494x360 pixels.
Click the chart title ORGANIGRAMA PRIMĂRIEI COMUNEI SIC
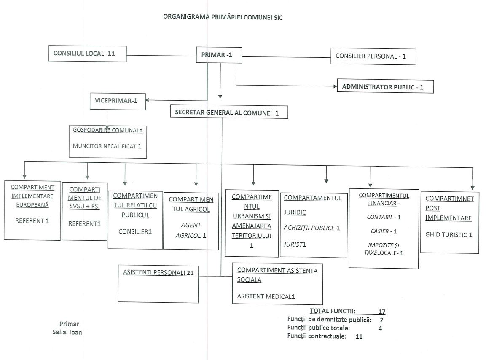[223, 17]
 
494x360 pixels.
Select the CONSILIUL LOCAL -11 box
[88, 54]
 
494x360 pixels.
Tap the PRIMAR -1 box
[219, 55]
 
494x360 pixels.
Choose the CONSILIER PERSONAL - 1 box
[373, 56]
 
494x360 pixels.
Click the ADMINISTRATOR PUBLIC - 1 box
[385, 86]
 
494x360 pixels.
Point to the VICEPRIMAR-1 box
[118, 101]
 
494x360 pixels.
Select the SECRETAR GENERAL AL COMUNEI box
[229, 112]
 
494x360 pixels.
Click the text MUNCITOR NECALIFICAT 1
[107, 146]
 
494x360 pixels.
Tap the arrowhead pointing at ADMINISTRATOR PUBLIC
[335, 86]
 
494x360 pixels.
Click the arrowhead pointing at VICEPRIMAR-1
[147, 100]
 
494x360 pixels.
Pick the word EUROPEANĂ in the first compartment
[32, 205]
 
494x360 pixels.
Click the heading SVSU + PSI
[85, 206]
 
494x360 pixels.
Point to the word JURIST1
[295, 244]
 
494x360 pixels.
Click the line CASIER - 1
[384, 231]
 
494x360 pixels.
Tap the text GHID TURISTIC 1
[448, 235]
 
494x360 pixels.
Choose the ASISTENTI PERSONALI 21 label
[158, 272]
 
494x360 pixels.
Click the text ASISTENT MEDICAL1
[266, 296]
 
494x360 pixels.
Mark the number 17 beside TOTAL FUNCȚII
[382, 312]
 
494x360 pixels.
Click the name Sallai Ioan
[67, 332]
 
